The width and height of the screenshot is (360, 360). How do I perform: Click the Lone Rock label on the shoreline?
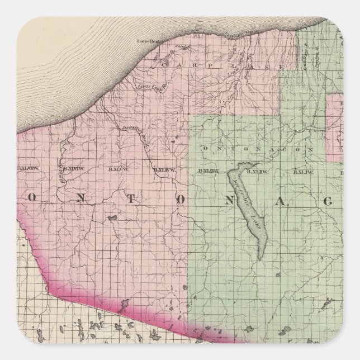150,41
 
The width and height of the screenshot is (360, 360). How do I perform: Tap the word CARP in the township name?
173,65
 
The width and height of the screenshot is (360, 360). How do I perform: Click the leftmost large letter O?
34,199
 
